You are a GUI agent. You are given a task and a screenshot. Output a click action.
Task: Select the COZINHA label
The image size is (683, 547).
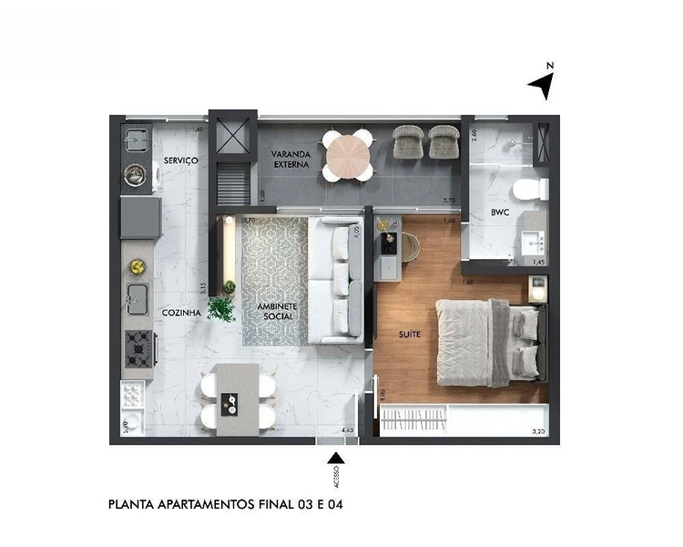point(181,312)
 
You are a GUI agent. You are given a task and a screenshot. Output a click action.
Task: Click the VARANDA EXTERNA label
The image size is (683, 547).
point(292,160)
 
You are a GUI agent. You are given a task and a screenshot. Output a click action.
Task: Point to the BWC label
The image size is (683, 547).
point(499,214)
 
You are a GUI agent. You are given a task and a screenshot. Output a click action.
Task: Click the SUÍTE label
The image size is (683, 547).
point(410,335)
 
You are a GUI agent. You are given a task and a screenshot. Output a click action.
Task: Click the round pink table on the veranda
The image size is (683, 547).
point(348,154)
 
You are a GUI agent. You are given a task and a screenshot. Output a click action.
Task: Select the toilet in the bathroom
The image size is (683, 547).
point(528,190)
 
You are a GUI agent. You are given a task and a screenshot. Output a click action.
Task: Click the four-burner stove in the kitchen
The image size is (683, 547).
point(139,347)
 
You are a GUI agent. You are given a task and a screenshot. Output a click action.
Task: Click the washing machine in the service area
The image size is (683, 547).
point(137,172)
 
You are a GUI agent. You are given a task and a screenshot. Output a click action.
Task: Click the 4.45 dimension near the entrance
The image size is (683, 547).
point(346,429)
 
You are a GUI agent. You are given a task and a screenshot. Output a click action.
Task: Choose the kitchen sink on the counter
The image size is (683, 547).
point(137,295)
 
